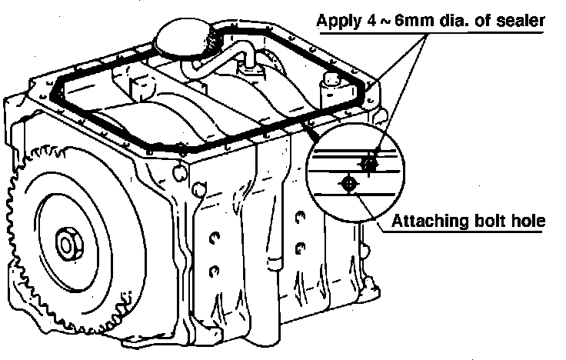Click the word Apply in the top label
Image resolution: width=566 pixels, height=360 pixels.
341,20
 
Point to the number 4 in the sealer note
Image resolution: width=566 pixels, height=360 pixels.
375,20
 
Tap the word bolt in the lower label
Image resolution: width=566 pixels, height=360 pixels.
488,222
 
